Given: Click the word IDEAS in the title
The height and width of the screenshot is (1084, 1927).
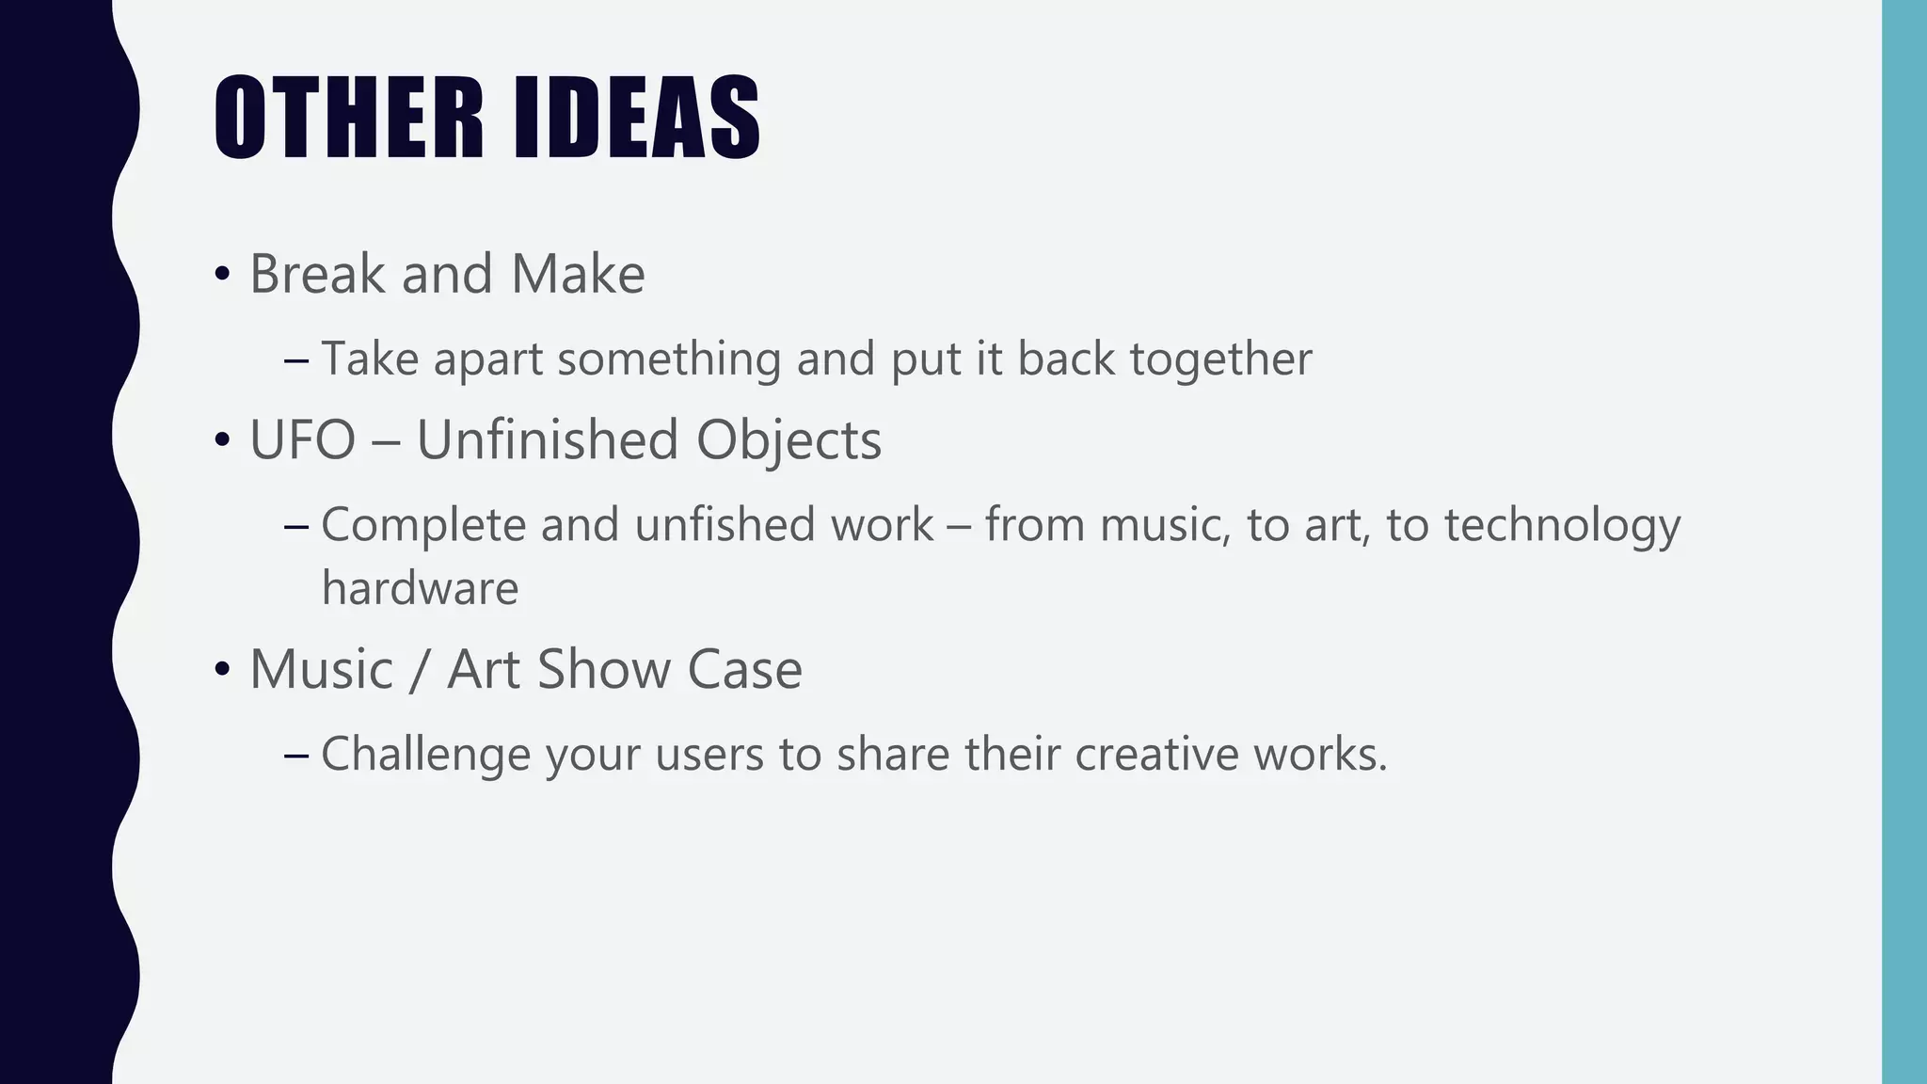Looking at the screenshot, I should click(x=637, y=118).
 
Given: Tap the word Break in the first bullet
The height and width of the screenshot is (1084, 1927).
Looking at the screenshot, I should click(x=317, y=274).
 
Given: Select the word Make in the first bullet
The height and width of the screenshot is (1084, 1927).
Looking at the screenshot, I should click(x=578, y=274).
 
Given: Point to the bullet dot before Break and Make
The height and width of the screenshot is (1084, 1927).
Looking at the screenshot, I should click(x=222, y=275).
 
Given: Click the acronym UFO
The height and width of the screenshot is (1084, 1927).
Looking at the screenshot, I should click(x=302, y=439).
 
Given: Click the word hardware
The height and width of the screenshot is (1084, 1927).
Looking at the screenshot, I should click(x=420, y=588).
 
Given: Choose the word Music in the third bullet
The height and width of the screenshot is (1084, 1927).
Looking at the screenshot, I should click(x=321, y=669).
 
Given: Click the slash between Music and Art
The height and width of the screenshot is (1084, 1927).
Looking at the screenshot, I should click(x=419, y=670).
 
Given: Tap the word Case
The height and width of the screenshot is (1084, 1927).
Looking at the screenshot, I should click(x=744, y=669).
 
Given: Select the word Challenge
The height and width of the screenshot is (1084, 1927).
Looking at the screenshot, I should click(x=425, y=755).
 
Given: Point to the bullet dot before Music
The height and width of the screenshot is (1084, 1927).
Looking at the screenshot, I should click(x=222, y=670).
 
